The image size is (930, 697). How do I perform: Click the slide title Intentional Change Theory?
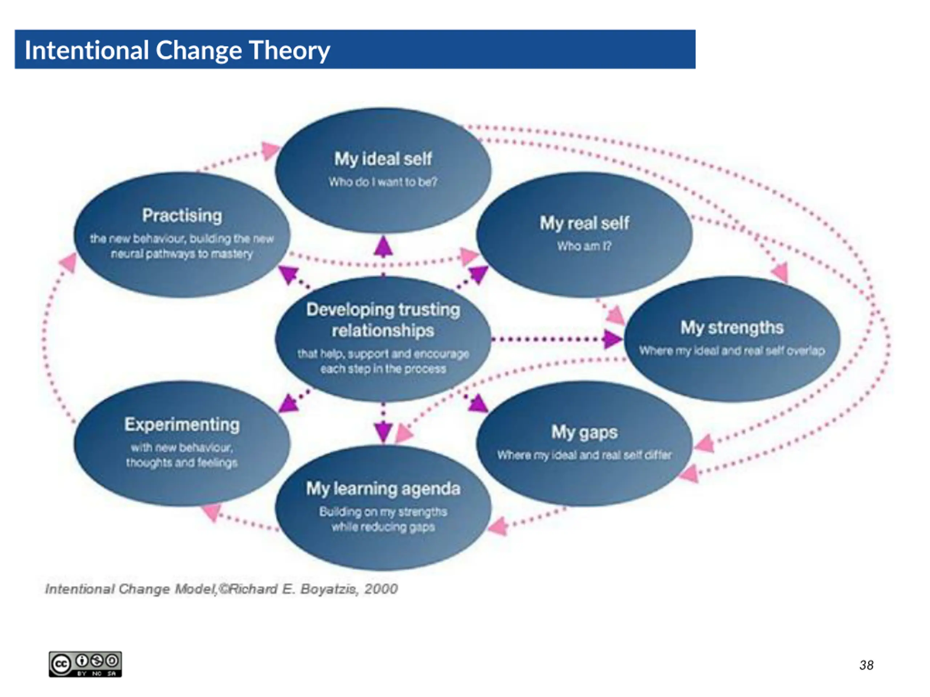pos(177,50)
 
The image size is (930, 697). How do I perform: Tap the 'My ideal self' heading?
pos(383,159)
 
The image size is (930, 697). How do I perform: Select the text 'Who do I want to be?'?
pos(383,182)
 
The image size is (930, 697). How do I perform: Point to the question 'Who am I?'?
pos(585,246)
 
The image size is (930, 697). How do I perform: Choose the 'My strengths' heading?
pos(732,328)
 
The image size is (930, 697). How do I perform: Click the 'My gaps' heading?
pos(585,432)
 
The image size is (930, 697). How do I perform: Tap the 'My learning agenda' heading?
pos(383,489)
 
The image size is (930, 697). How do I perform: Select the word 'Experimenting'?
pos(182,425)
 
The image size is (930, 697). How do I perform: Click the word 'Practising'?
pos(182,216)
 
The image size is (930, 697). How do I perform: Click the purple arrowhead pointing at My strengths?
pos(612,339)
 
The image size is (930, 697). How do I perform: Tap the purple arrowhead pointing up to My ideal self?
pos(383,246)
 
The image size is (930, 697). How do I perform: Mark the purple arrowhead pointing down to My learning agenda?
pos(383,432)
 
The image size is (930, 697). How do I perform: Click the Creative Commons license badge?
pos(85,664)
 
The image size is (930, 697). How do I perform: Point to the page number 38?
pos(866,665)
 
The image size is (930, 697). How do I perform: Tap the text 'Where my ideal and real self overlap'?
pos(732,351)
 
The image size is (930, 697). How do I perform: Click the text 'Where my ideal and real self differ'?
pos(585,455)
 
